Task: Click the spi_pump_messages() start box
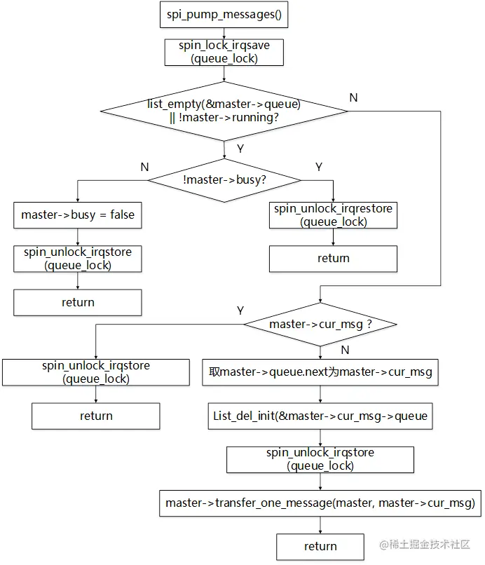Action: (224, 14)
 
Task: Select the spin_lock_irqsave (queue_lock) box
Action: (224, 53)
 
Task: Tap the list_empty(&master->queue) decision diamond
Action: (224, 111)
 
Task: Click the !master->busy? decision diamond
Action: (224, 179)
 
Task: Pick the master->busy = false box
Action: (77, 215)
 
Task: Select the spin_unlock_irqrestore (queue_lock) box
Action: (333, 215)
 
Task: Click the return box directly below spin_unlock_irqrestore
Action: (333, 259)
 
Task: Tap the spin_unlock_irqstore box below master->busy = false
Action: (77, 259)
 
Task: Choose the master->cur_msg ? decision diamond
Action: (320, 325)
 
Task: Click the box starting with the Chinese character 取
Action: (320, 372)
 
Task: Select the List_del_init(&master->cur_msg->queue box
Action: (320, 416)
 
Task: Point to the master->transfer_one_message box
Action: (320, 503)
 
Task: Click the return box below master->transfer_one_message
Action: (320, 546)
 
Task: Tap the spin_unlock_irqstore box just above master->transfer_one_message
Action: (320, 459)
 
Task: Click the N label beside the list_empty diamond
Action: (353, 98)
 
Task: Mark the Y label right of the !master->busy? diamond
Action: (319, 167)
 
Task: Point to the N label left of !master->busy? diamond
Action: (144, 167)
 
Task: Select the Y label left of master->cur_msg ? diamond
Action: (240, 311)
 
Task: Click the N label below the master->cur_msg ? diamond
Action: (344, 349)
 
